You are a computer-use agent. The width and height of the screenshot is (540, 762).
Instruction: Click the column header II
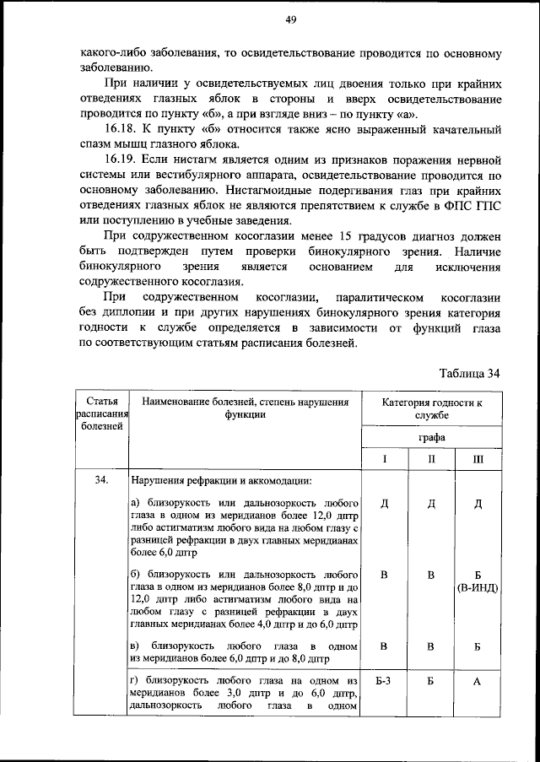coord(430,459)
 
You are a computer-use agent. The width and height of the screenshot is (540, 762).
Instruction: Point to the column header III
coord(478,459)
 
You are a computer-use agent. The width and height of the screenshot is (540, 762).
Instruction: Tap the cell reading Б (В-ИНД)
coord(478,581)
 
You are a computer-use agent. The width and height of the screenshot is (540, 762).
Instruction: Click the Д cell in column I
coord(384,504)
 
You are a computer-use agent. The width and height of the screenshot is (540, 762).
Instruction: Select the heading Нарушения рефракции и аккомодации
coord(221,481)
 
